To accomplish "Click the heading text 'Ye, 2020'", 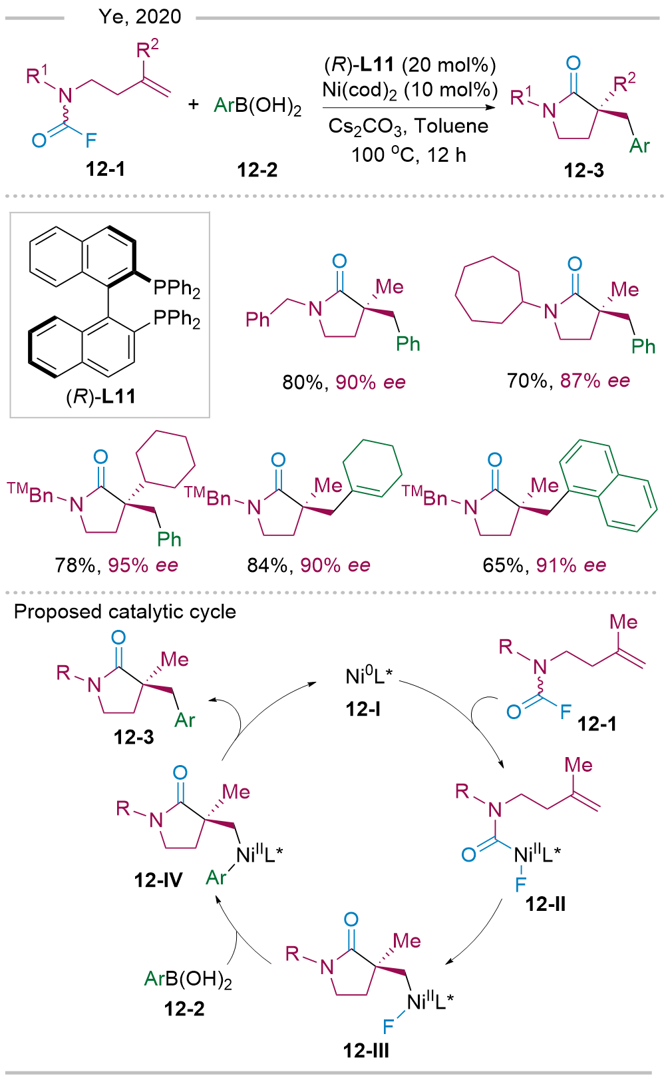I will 140,16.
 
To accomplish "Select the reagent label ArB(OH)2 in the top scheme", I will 257,106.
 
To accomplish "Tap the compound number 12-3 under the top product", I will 584,170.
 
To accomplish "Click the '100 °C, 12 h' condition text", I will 409,155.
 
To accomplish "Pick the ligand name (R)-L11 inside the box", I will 100,397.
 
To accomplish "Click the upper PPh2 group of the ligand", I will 177,288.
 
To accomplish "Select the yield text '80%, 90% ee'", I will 344,382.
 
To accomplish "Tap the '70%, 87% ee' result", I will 568,381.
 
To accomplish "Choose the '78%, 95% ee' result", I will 116,565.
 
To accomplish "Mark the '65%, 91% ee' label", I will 544,565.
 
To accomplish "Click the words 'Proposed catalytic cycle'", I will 125,612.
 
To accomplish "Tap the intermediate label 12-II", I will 545,904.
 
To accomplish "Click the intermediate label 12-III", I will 366,1051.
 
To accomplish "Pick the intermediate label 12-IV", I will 158,880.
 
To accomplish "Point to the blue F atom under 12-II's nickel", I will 520,884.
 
